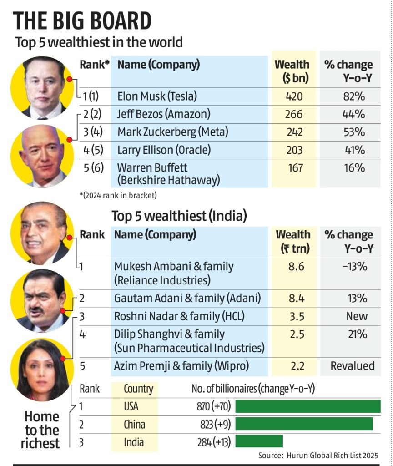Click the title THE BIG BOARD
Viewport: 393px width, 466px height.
click(x=82, y=21)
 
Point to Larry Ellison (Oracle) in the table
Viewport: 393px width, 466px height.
click(x=164, y=150)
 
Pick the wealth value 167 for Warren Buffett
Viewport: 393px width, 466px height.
click(x=295, y=167)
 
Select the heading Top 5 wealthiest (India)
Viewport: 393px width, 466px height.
click(x=179, y=216)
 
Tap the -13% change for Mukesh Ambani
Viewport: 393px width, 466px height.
click(x=354, y=266)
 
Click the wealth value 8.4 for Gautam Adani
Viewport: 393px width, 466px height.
click(x=296, y=299)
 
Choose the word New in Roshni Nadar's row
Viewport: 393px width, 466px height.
click(x=357, y=316)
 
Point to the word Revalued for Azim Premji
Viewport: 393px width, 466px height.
click(x=353, y=365)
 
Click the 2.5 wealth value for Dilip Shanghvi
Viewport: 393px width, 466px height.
click(x=296, y=334)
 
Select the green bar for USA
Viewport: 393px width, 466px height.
click(x=307, y=406)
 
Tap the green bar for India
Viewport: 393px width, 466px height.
click(x=259, y=441)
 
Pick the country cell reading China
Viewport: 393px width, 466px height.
click(x=135, y=424)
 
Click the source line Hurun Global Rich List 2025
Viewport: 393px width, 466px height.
click(x=318, y=456)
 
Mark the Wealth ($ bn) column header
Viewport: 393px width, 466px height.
click(x=292, y=71)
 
